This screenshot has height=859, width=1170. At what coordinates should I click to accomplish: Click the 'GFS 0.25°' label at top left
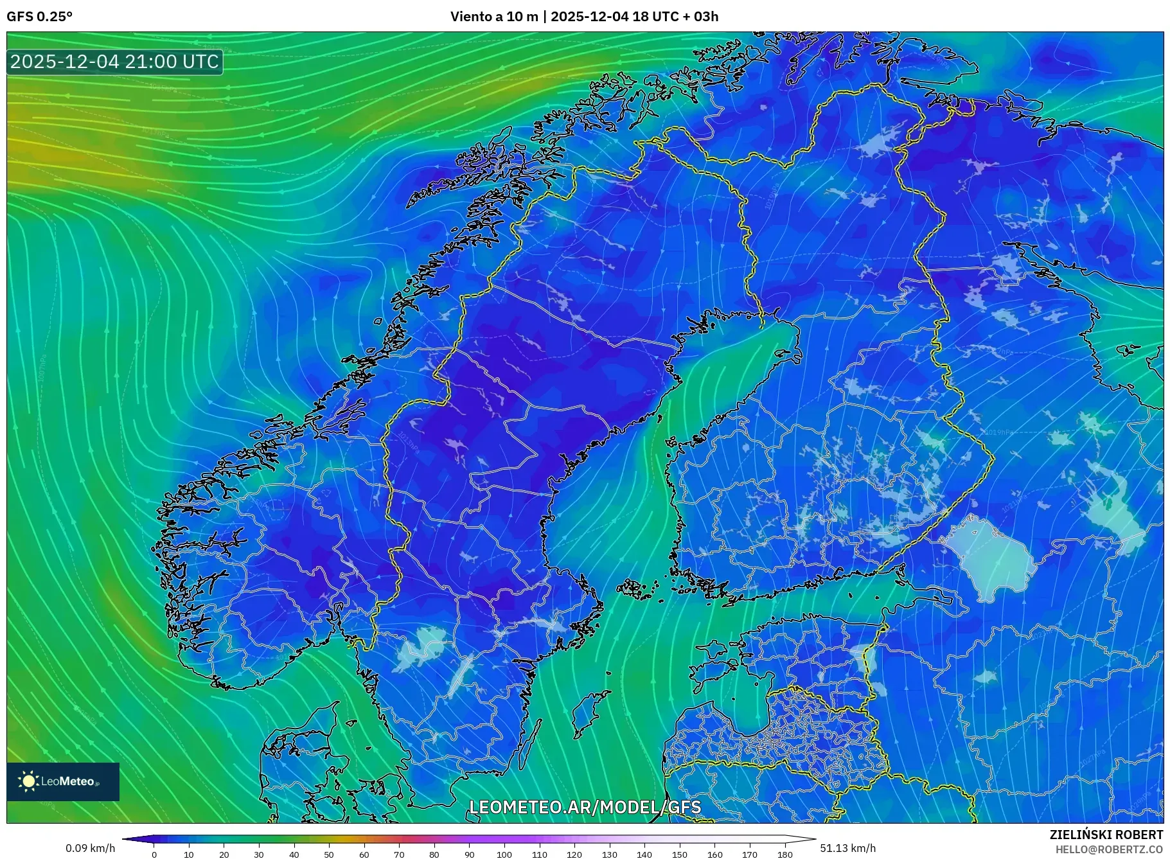click(39, 17)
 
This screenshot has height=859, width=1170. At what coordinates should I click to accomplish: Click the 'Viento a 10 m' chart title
click(493, 17)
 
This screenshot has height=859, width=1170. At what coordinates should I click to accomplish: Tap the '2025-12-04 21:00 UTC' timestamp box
click(115, 62)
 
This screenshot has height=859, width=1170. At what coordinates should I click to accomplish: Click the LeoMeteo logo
click(63, 781)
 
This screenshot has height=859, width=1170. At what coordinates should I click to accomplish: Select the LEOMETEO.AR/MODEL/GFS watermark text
click(585, 807)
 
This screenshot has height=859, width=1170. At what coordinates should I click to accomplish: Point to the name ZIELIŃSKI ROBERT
click(1106, 835)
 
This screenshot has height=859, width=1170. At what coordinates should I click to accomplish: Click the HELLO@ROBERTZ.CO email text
click(1109, 849)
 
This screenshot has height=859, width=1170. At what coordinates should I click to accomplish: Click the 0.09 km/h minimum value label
click(90, 848)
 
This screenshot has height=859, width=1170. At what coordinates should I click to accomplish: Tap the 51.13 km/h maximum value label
click(847, 848)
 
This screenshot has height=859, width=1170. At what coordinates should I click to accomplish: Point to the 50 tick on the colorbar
click(329, 855)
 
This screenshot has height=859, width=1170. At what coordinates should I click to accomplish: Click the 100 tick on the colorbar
click(504, 855)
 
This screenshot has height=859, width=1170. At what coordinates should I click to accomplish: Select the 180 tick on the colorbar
click(784, 855)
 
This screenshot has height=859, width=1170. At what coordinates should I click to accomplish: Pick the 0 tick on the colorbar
click(154, 855)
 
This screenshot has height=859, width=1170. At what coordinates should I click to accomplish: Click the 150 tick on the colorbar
click(679, 855)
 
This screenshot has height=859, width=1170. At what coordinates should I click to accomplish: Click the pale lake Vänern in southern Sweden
click(421, 648)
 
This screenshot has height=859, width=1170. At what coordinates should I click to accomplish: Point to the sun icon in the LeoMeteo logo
click(28, 781)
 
